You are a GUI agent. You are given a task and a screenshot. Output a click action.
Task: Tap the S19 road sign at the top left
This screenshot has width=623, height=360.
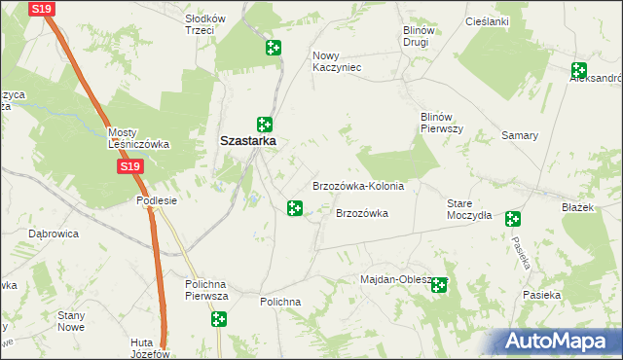pos(41,9)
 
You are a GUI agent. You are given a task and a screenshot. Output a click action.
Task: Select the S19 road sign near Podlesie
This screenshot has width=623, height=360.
pos(131,167)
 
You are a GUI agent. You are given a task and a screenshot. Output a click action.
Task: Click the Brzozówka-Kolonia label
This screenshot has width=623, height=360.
pos(357,186)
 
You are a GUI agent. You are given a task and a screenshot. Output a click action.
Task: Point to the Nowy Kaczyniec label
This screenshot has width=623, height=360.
pos(337,61)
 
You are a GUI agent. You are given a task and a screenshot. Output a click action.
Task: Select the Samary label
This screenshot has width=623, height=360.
pos(520,135)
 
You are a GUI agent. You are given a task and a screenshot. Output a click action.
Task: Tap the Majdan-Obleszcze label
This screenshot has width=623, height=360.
pos(395,280)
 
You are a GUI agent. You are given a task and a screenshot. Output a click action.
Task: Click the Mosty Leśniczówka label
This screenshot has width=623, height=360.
pos(138,138)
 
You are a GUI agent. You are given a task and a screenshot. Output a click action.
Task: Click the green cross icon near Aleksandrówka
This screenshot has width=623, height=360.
pos(579,70)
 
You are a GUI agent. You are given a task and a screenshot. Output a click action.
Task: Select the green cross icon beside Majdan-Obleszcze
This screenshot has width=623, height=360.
pos(440,285)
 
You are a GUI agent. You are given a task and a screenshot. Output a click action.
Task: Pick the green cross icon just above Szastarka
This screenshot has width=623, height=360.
pos(264,124)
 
